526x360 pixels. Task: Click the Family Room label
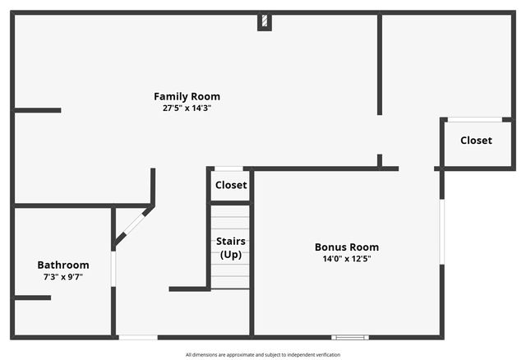click(x=187, y=96)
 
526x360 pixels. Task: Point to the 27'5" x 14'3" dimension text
click(x=187, y=108)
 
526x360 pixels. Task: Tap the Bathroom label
click(x=63, y=265)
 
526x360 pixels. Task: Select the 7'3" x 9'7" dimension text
click(x=63, y=277)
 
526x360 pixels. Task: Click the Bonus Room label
click(x=347, y=247)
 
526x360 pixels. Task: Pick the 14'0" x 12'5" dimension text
click(x=347, y=258)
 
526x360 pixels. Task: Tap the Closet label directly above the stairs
click(x=231, y=185)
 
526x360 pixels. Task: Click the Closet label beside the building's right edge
click(x=476, y=141)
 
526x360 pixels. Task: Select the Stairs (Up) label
click(x=231, y=247)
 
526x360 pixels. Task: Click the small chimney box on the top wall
click(x=265, y=21)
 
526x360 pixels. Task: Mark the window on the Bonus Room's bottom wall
click(x=350, y=337)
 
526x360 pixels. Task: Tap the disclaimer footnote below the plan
click(x=263, y=355)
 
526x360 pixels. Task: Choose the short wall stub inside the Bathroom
click(x=33, y=298)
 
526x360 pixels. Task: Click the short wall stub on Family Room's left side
click(x=38, y=110)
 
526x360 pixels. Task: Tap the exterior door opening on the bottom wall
click(x=138, y=337)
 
